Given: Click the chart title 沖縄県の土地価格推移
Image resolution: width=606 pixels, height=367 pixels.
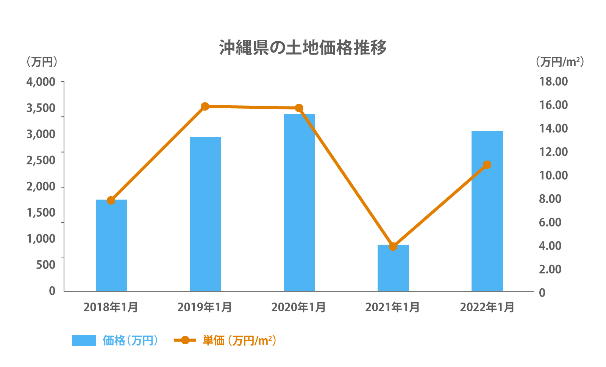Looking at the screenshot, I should click(303, 48).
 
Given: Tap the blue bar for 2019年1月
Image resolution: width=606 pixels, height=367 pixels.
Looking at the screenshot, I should click(205, 214).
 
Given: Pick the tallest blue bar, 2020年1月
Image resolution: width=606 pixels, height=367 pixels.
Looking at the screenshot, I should click(299, 203).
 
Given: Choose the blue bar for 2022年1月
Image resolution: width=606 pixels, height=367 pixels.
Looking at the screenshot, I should click(487, 211).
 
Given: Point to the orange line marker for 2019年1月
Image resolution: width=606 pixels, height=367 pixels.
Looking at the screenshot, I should click(205, 106).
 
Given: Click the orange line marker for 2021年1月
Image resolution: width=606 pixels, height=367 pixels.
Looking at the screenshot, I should click(393, 247).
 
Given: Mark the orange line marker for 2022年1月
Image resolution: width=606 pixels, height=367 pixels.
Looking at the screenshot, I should click(487, 165).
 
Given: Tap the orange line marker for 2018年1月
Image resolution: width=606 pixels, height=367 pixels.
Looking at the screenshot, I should click(111, 200).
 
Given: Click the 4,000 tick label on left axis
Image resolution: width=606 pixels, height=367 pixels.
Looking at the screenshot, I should click(41, 82).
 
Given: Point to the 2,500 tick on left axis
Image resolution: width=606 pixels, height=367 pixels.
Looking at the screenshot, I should click(41, 160).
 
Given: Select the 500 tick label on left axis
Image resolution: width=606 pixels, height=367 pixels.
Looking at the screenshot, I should click(46, 265).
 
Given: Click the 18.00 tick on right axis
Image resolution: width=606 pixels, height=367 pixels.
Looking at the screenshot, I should click(553, 81).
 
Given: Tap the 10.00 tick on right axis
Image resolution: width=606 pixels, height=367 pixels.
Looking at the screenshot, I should click(553, 175).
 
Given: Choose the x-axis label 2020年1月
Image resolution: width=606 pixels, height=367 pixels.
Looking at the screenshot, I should click(298, 307).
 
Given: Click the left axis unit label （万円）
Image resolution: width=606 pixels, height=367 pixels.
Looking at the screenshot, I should click(42, 62).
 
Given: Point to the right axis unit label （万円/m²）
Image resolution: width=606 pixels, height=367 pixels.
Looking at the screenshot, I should click(559, 62).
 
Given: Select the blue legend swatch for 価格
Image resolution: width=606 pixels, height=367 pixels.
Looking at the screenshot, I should click(84, 340).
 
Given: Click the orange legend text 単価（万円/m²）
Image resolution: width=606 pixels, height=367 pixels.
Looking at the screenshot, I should click(239, 340).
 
